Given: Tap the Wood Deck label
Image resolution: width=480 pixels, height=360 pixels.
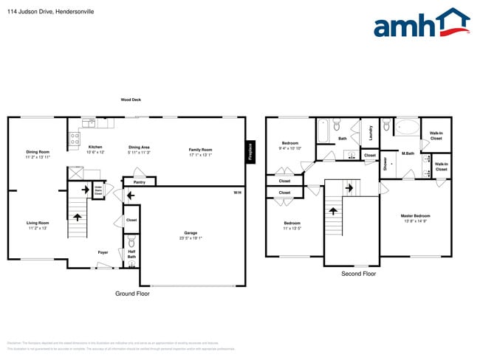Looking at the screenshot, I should pos(131,99).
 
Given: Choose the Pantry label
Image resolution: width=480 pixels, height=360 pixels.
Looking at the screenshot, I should pos(139,181).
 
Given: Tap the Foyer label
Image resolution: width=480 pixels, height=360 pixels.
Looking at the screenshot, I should pos(103,252).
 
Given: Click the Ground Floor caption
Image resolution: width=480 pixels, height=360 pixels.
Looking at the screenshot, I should pos(132,294).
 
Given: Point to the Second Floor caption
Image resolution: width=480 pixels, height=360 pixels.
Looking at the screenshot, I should pos(358,274).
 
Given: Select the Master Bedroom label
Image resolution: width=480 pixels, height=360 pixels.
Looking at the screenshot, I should pos(414,218).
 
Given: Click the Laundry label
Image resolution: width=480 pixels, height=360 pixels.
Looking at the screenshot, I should pos(370,133).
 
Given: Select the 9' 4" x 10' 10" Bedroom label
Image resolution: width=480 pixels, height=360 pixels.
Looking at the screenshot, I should pos(290,145).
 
